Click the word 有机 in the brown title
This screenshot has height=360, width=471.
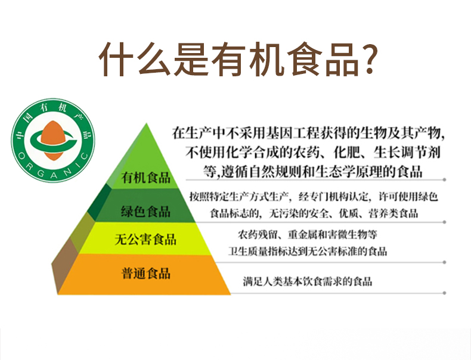pyautogui.click(x=247, y=59)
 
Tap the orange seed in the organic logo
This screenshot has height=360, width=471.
pyautogui.click(x=53, y=141)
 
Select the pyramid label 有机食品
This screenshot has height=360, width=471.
pyautogui.click(x=145, y=178)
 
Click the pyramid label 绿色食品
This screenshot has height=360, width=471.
pyautogui.click(x=145, y=212)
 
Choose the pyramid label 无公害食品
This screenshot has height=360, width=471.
pyautogui.click(x=145, y=240)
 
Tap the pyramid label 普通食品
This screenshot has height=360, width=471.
pyautogui.click(x=145, y=273)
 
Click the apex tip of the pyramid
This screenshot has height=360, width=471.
pyautogui.click(x=146, y=123)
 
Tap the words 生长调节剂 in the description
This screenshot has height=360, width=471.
pyautogui.click(x=407, y=153)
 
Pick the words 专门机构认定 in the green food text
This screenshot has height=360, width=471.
pyautogui.click(x=333, y=197)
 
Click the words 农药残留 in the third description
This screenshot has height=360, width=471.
pyautogui.click(x=258, y=234)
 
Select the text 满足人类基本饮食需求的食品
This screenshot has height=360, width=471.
pyautogui.click(x=308, y=282)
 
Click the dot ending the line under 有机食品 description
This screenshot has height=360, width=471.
pyautogui.click(x=444, y=179)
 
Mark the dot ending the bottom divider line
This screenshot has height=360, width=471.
pyautogui.click(x=444, y=293)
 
